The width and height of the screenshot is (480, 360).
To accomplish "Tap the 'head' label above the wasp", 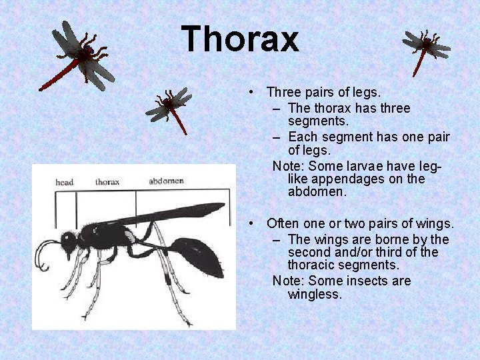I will point(65,182).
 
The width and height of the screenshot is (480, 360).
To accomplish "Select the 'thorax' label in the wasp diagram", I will point(107,181).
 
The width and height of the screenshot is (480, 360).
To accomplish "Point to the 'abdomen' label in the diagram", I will point(166,181).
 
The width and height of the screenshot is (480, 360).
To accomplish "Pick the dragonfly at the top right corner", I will point(425,48).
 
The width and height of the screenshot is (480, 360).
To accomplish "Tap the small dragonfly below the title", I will point(171,107).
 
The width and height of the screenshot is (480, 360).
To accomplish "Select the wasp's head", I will point(68,241).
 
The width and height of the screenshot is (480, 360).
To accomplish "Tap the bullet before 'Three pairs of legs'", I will point(249,92).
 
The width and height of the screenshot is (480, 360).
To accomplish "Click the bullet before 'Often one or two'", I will point(249,223).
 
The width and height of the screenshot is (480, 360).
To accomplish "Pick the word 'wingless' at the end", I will point(314,294).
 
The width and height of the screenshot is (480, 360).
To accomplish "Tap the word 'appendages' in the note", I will point(346,179).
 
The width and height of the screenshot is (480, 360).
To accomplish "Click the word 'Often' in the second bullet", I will point(283,223).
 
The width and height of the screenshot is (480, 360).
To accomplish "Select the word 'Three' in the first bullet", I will point(284,92).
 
